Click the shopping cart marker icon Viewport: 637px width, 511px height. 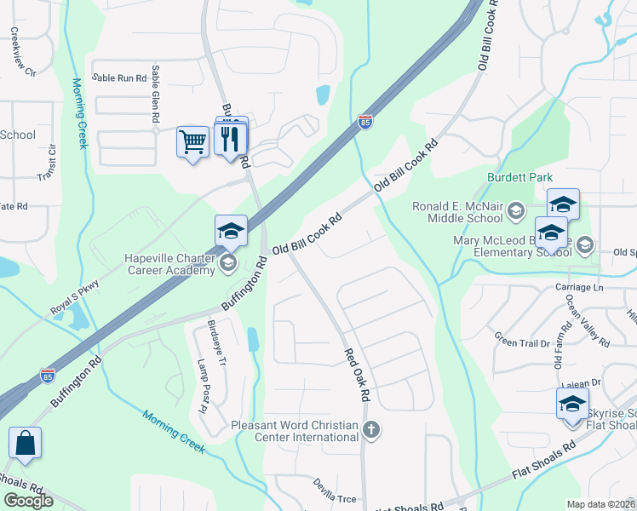pyautogui.click(x=193, y=141)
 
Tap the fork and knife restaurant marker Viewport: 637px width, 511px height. pyautogui.click(x=230, y=138)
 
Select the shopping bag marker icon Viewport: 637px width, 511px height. pyautogui.click(x=25, y=444)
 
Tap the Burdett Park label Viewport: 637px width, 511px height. pyautogui.click(x=515, y=178)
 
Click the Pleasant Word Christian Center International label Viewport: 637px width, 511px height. pyautogui.click(x=295, y=431)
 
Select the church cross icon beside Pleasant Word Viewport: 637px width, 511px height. pyautogui.click(x=370, y=431)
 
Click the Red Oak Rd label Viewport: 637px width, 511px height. pyautogui.click(x=358, y=375)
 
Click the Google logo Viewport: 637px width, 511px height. pyautogui.click(x=28, y=501)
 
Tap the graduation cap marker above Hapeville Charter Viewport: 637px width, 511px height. pyautogui.click(x=231, y=231)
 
